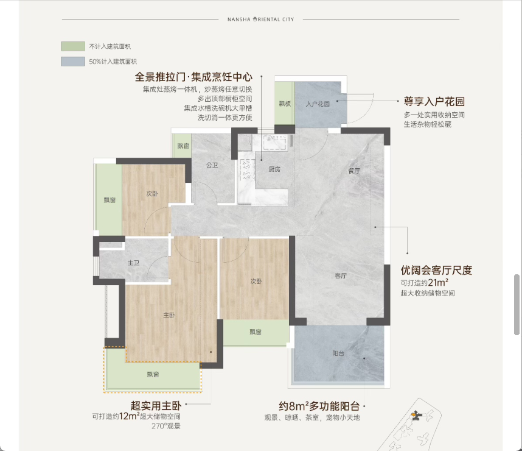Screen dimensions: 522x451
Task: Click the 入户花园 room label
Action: [318, 104]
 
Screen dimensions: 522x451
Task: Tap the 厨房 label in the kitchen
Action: [274, 169]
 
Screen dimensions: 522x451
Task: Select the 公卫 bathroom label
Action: [212, 165]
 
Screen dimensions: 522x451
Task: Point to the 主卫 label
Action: [133, 263]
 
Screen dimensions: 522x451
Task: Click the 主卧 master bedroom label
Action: [169, 315]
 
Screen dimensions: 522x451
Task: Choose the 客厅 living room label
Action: [341, 275]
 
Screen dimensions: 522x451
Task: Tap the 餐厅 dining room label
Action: [354, 171]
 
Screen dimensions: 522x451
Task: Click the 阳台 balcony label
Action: [338, 353]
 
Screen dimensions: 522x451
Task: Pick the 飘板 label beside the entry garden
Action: [285, 104]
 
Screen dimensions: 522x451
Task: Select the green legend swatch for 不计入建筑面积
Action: [73, 46]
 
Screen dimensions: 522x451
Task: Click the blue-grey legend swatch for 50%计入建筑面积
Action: [73, 62]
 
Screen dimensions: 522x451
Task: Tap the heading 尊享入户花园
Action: [434, 101]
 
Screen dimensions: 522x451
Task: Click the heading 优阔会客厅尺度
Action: [436, 270]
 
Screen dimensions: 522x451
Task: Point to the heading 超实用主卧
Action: [156, 406]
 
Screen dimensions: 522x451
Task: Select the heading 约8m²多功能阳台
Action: [319, 406]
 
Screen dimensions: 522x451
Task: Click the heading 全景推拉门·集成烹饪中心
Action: [193, 77]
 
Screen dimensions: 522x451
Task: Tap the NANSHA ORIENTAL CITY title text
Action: [260, 20]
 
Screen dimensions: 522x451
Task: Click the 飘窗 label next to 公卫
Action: [183, 146]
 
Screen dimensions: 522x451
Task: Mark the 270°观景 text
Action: [166, 426]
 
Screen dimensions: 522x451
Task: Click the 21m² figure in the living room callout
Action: [438, 283]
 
